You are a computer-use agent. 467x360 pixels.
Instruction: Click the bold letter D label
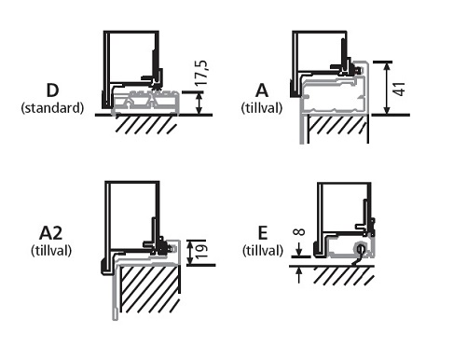52,90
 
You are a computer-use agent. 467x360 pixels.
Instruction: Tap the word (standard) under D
52,108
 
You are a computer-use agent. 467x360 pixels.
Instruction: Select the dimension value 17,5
201,73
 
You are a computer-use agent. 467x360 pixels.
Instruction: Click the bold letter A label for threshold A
262,90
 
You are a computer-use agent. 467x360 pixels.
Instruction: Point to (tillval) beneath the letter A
262,108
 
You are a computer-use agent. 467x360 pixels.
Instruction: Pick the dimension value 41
399,89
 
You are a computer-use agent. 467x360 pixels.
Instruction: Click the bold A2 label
51,233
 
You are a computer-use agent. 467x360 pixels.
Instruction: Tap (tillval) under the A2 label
51,250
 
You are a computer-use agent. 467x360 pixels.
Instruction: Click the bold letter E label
263,233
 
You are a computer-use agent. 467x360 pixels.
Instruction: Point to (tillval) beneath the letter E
263,250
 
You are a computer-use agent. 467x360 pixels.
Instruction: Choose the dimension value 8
299,232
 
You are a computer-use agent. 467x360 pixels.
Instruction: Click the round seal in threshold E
361,248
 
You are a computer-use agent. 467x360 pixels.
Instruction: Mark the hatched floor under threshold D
146,124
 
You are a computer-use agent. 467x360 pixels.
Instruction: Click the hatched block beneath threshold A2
150,289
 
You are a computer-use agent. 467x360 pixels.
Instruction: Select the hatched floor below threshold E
344,275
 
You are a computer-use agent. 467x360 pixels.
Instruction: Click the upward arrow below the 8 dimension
298,275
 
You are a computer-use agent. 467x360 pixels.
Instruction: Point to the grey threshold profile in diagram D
146,103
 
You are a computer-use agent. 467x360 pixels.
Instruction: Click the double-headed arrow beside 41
387,89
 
